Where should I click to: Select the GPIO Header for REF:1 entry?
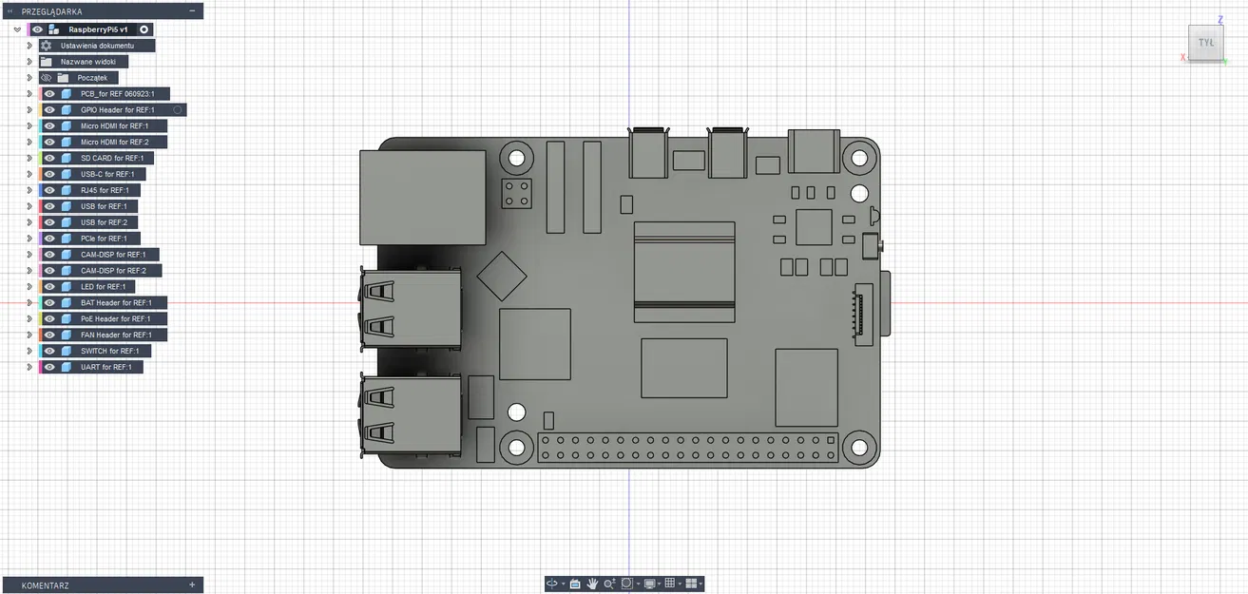point(117,110)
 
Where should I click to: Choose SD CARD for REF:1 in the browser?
point(111,158)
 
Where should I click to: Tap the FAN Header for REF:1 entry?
point(116,335)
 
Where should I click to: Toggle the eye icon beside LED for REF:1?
point(49,287)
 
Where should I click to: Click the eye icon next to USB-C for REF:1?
point(49,174)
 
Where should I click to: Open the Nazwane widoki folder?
point(87,61)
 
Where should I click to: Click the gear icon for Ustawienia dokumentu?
point(46,46)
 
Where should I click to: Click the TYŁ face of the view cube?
point(1206,43)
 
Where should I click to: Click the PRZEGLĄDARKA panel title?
point(52,11)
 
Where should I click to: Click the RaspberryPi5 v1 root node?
point(98,29)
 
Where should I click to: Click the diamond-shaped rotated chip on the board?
point(502,276)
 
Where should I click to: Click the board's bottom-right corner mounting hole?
point(859,447)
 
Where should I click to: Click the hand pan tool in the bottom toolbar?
point(592,584)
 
